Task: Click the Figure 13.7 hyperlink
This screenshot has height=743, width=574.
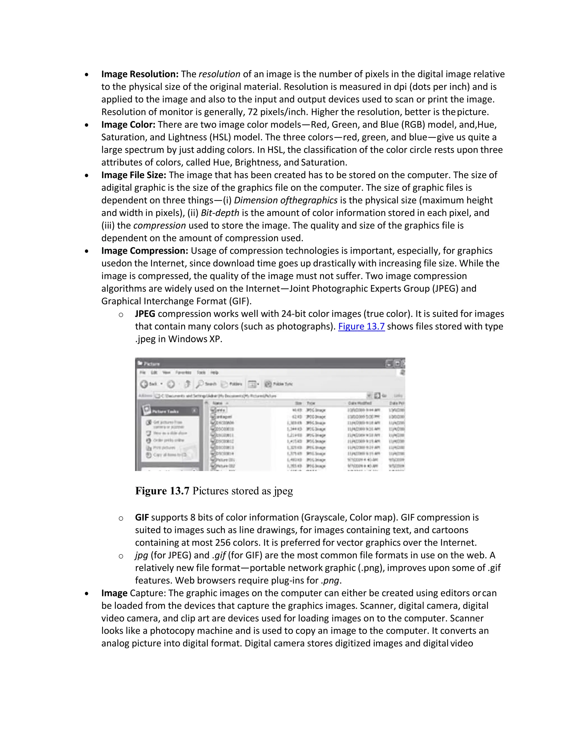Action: (361, 327)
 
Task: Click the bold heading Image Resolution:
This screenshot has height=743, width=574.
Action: (140, 74)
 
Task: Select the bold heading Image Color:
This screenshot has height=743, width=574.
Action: (128, 124)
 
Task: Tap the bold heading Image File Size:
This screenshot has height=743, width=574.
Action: (134, 175)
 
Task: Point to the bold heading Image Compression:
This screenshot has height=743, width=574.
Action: (145, 251)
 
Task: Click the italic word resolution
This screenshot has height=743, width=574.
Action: (219, 74)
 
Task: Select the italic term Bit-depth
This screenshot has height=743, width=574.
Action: (220, 213)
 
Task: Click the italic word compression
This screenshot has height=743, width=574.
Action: (159, 225)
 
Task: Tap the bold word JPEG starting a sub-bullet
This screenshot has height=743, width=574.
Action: (145, 314)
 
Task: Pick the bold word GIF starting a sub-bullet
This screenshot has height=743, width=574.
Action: (142, 518)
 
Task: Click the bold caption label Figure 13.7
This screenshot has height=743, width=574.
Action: (162, 491)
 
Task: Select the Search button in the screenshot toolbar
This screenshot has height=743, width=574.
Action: (207, 384)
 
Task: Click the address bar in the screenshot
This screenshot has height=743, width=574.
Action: (258, 396)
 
